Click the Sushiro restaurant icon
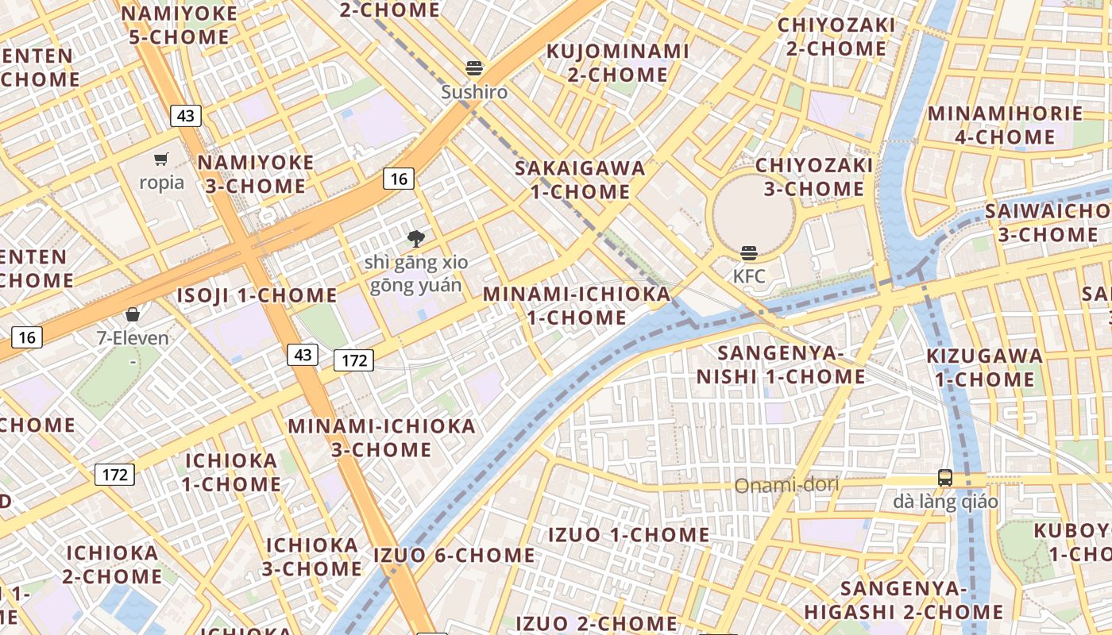click(x=474, y=68)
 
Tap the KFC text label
click(x=749, y=276)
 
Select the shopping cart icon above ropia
click(x=161, y=160)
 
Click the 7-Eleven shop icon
click(x=133, y=314)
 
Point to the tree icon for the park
click(x=415, y=238)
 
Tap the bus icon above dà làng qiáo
click(x=945, y=478)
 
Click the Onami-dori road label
click(x=786, y=485)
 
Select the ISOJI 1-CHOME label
click(x=257, y=295)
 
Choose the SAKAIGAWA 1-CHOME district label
click(x=580, y=179)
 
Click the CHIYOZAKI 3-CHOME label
click(x=814, y=177)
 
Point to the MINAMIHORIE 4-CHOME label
click(x=1005, y=125)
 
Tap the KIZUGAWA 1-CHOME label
click(x=985, y=368)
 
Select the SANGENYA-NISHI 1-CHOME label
click(x=781, y=364)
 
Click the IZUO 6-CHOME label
click(x=454, y=555)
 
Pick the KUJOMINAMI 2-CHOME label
click(x=618, y=63)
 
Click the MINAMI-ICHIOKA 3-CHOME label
click(x=381, y=437)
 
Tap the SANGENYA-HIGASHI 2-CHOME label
click(x=904, y=600)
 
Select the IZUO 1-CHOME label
click(x=629, y=535)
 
